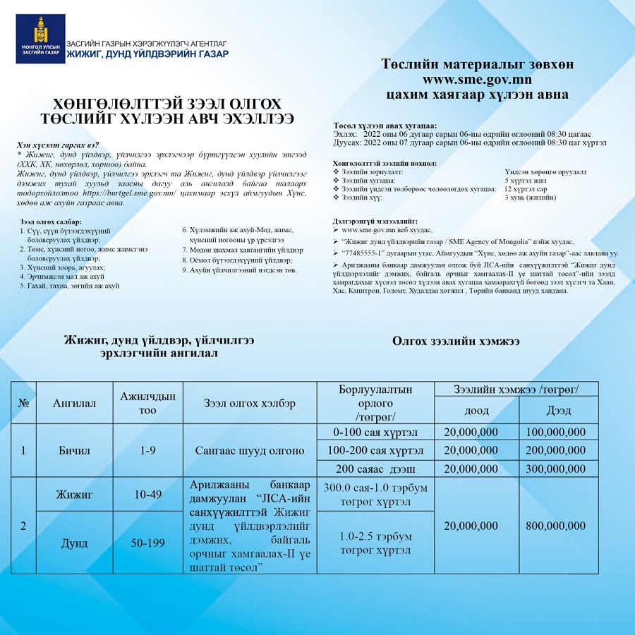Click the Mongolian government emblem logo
point(40,39)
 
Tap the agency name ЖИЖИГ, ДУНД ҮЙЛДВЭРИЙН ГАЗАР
point(147,54)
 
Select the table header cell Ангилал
point(74,403)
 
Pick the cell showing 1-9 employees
point(147,450)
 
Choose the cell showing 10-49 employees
point(147,495)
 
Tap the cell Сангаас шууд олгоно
point(250,450)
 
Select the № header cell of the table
point(23,403)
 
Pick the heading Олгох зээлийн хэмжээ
point(456,341)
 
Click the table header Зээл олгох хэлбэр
point(250,403)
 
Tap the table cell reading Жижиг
point(74,495)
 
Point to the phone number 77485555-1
point(367,252)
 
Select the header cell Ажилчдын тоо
point(147,403)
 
